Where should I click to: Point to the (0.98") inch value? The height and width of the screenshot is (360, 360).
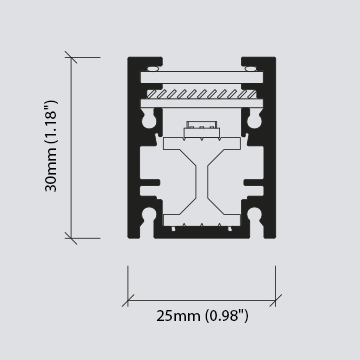pyautogui.click(x=227, y=316)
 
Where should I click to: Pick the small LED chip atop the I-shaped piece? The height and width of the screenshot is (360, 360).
pyautogui.click(x=200, y=129)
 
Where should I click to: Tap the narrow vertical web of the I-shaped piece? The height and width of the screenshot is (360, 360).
pyautogui.click(x=201, y=180)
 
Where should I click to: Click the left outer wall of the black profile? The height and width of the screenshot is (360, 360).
pyautogui.click(x=132, y=150)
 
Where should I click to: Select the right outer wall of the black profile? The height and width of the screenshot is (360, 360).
pyautogui.click(x=269, y=150)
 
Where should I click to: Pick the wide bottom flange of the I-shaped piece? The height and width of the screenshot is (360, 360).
pyautogui.click(x=201, y=221)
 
